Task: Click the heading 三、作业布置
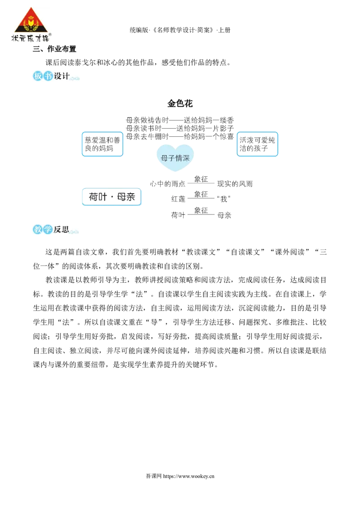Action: pyautogui.click(x=54, y=49)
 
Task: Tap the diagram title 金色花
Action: pyautogui.click(x=180, y=103)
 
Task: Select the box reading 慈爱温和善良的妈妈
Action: pyautogui.click(x=102, y=144)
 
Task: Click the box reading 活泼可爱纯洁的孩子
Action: pyautogui.click(x=257, y=144)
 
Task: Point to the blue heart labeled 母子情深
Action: pyautogui.click(x=175, y=158)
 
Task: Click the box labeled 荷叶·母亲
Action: pyautogui.click(x=112, y=196)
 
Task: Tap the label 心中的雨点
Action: pyautogui.click(x=168, y=184)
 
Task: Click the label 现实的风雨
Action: pyautogui.click(x=234, y=184)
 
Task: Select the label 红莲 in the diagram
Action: pyautogui.click(x=178, y=199)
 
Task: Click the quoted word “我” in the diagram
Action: pyautogui.click(x=224, y=199)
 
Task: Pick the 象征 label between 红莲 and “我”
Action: pyautogui.click(x=201, y=194)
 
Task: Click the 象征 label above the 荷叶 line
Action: pyautogui.click(x=201, y=210)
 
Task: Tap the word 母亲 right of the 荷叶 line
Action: pyautogui.click(x=224, y=215)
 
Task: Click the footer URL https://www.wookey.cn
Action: pyautogui.click(x=189, y=476)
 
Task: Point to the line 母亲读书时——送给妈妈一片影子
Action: pyautogui.click(x=180, y=129)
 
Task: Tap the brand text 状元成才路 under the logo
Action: pyautogui.click(x=30, y=38)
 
